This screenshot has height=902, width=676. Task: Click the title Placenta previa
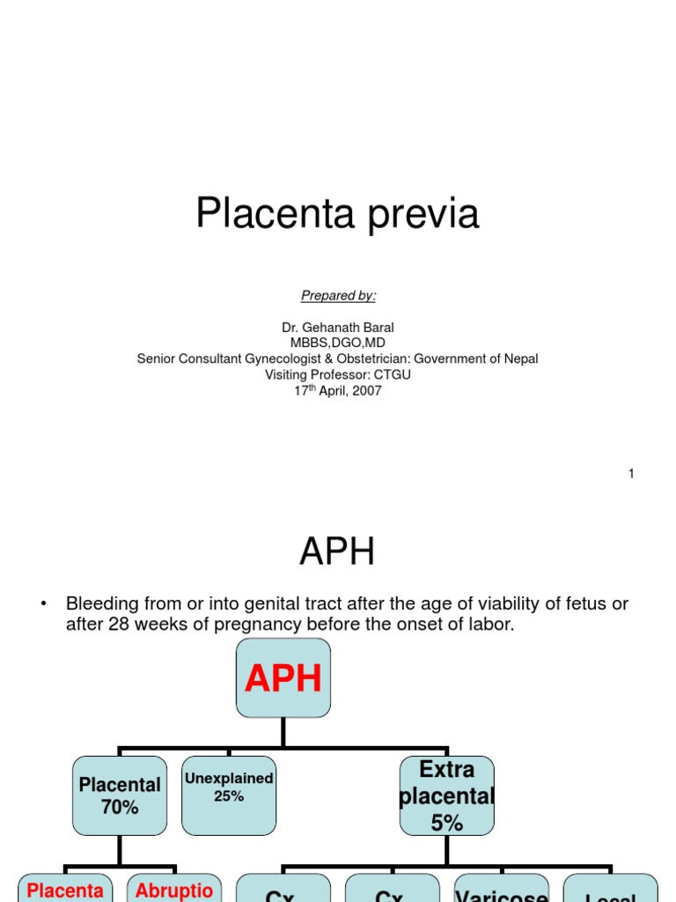pos(337,214)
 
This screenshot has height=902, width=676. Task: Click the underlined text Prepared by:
pos(338,295)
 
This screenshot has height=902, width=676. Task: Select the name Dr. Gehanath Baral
pos(338,328)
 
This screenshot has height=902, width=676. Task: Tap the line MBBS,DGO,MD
pos(338,343)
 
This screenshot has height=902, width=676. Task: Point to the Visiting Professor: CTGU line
pos(338,374)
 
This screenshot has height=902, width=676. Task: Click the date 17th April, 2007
pos(338,390)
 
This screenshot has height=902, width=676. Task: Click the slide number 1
pos(631,474)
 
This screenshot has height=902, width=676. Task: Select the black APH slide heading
pos(337,552)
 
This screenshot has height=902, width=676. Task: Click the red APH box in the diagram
pos(283,678)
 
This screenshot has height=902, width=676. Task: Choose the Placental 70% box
pos(120,795)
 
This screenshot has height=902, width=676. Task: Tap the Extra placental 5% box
pos(446,795)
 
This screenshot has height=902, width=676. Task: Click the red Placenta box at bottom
pos(65,890)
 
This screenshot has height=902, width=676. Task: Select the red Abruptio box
pos(174,890)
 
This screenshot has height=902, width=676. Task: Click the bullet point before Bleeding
pos(41,604)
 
